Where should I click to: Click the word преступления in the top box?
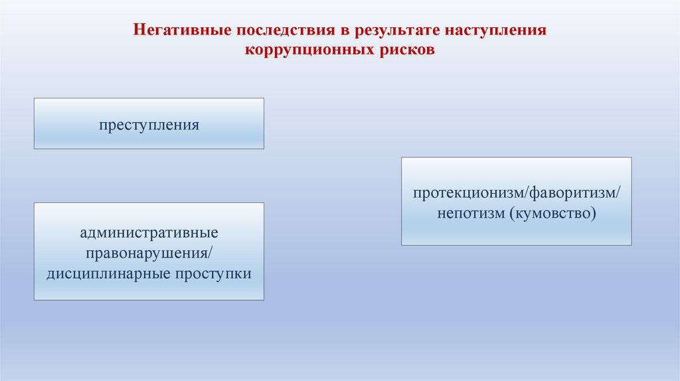(x=149, y=124)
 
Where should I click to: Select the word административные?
(x=149, y=234)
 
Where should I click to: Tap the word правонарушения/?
(x=149, y=254)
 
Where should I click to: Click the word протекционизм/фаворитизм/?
(x=516, y=194)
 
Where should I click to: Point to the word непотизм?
(x=471, y=214)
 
